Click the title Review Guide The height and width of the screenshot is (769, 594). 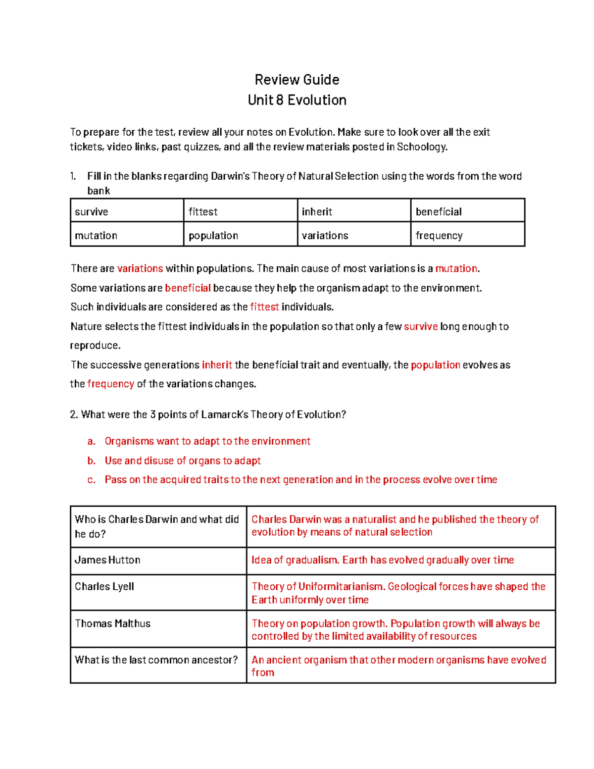point(297,80)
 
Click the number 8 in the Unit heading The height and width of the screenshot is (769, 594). point(280,100)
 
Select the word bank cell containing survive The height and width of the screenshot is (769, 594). point(127,211)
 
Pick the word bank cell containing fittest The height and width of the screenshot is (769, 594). point(240,211)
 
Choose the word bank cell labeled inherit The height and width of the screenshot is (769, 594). point(353,211)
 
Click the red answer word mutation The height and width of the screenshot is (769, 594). point(456,268)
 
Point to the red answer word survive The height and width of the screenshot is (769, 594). point(421,326)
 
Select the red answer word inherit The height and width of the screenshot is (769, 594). point(217,365)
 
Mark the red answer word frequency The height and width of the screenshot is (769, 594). point(110,384)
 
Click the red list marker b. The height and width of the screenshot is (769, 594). point(91,461)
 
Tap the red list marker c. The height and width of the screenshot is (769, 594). point(91,480)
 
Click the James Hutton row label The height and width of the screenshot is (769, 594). point(107,560)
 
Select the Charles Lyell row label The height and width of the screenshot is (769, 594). point(104,587)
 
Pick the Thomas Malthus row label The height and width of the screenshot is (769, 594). point(112,623)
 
